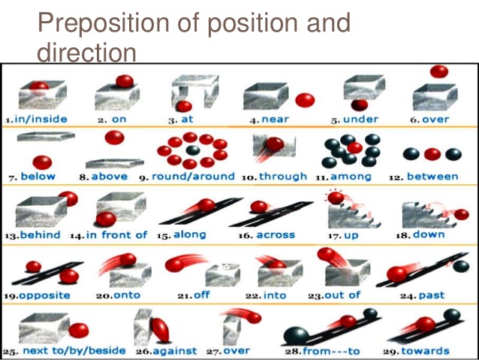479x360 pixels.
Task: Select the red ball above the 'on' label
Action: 124,80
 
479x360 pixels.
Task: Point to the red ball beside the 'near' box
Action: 304,99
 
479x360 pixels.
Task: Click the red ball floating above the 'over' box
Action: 439,72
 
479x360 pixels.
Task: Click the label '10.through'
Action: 274,177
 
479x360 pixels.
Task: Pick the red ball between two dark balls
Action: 432,154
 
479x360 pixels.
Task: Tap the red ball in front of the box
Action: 106,219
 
